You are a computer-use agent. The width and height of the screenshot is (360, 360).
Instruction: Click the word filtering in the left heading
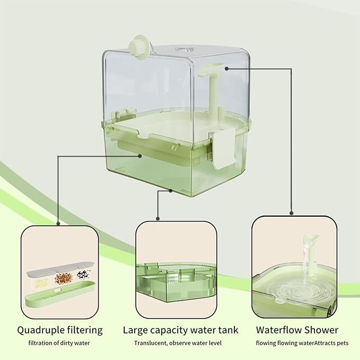(x=86, y=330)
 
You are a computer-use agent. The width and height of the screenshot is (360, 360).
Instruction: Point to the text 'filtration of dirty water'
(x=59, y=343)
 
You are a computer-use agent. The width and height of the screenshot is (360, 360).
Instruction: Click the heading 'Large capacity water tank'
(x=180, y=330)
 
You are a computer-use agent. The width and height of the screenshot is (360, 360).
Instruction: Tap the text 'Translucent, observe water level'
(x=177, y=343)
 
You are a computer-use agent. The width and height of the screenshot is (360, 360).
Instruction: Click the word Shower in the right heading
(x=321, y=330)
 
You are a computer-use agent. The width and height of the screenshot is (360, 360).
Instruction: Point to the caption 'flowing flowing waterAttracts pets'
(x=302, y=343)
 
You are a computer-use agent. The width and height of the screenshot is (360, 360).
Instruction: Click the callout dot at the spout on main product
(x=226, y=68)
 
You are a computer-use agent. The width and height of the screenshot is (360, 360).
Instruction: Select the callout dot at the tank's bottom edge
(x=171, y=190)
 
